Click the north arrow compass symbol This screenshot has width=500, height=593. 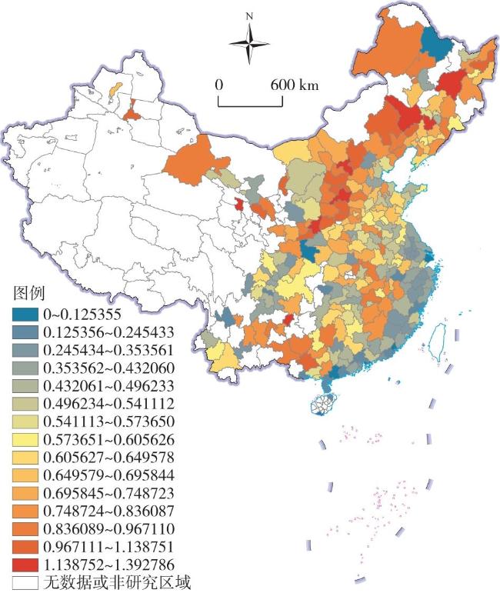click(x=249, y=43)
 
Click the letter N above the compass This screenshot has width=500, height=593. click(x=249, y=15)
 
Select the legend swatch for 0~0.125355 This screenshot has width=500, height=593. click(x=25, y=314)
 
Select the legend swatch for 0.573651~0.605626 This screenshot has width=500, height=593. click(x=25, y=440)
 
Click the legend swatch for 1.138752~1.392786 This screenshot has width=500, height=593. click(x=25, y=565)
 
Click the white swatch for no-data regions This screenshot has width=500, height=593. click(x=25, y=583)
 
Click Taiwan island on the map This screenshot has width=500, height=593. click(x=442, y=338)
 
